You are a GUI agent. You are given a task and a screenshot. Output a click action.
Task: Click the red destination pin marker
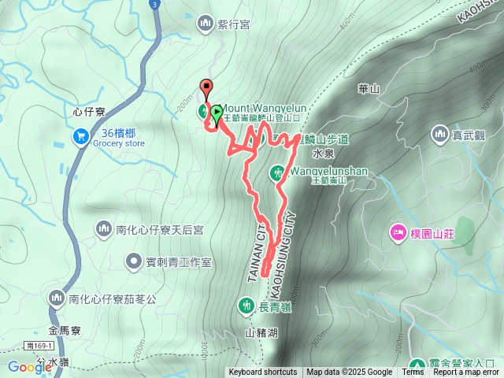pos(207,88)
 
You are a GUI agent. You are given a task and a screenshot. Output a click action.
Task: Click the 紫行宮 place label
pos(234,24)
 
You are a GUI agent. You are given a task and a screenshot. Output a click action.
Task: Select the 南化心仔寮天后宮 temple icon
pos(104,229)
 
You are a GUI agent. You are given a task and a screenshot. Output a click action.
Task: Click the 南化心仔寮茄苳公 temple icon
pos(57,298)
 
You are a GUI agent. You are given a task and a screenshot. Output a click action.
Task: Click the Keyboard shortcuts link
pos(262,372)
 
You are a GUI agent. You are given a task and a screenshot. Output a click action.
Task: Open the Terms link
pos(413,372)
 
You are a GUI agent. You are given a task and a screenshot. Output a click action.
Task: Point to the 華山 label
pos(368,89)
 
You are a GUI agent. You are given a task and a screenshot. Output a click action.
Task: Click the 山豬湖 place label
pos(261,333)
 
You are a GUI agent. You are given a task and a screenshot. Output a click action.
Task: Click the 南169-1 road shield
pos(39,346)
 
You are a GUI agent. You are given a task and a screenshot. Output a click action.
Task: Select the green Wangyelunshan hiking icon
pos(277,172)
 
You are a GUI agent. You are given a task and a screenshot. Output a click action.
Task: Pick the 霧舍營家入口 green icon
pos(418,365)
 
